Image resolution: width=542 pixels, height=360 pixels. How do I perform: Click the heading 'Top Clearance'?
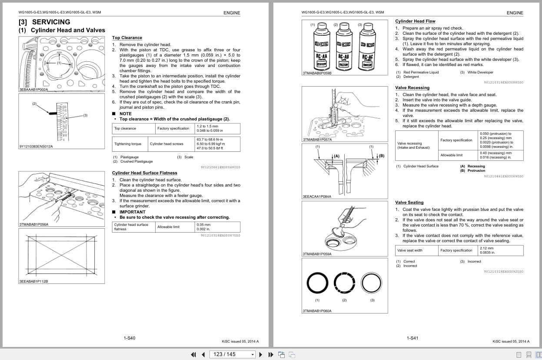point(127,38)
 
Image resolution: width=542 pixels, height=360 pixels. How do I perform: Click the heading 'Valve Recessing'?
point(412,88)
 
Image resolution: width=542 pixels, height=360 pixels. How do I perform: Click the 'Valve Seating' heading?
point(409,203)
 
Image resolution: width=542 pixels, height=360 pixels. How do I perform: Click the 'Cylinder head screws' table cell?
point(166,144)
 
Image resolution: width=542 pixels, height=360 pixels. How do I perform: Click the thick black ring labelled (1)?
point(317,283)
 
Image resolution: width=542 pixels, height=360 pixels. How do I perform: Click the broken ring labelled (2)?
point(344,283)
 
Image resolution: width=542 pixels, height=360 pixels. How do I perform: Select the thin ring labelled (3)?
point(372,283)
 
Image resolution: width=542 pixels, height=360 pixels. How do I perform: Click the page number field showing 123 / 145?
point(230,354)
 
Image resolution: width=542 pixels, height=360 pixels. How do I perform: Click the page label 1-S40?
point(130,338)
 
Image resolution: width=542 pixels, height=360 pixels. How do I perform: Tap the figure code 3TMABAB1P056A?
point(34,224)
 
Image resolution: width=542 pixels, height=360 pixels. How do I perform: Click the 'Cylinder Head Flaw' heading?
point(415,21)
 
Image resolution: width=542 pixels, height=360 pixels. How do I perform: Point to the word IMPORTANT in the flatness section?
point(132,212)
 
